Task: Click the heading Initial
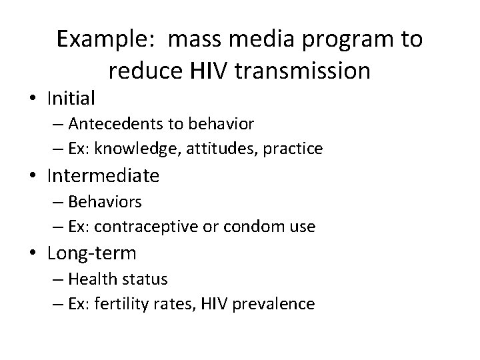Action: pos(72,99)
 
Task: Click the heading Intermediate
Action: pos(103,176)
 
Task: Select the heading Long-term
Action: pos(92,254)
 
